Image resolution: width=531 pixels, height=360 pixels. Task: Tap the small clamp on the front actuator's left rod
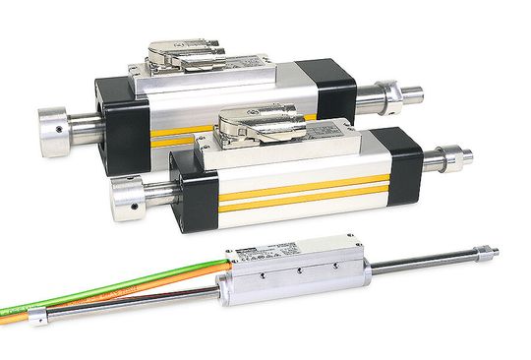point(36,317)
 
